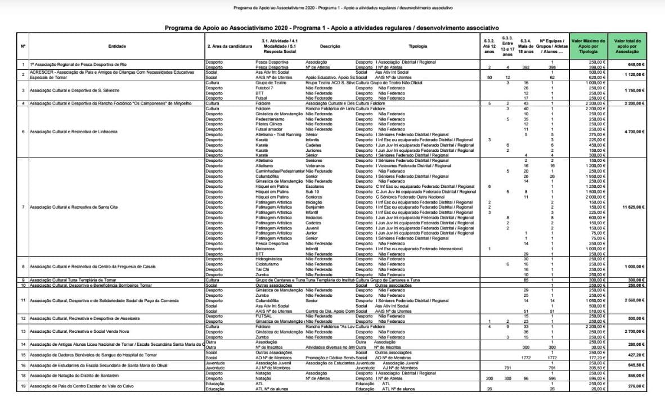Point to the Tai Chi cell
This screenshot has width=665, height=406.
(263, 269)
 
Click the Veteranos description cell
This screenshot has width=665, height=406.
(315, 166)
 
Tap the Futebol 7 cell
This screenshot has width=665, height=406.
(264, 88)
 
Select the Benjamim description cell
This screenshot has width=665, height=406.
(315, 207)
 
